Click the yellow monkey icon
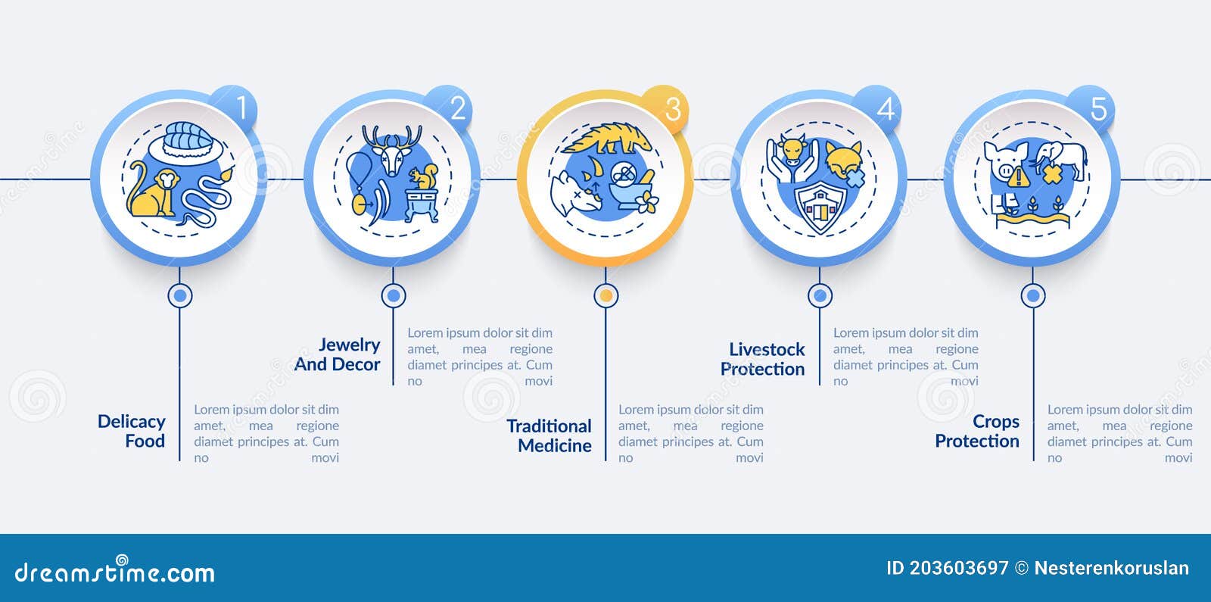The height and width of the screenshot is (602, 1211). [x=152, y=189]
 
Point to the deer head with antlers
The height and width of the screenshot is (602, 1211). [x=393, y=149]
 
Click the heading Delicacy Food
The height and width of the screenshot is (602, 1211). [x=132, y=431]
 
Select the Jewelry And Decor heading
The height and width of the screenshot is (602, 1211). [x=338, y=354]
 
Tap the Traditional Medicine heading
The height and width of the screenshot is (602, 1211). [x=549, y=435]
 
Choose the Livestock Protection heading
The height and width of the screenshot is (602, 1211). [x=763, y=359]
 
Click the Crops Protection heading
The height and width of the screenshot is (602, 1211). [x=977, y=431]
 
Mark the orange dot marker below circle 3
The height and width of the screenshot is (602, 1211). [x=606, y=296]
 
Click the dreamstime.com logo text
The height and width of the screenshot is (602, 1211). [x=114, y=570]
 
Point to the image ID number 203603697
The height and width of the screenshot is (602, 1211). [x=960, y=568]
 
